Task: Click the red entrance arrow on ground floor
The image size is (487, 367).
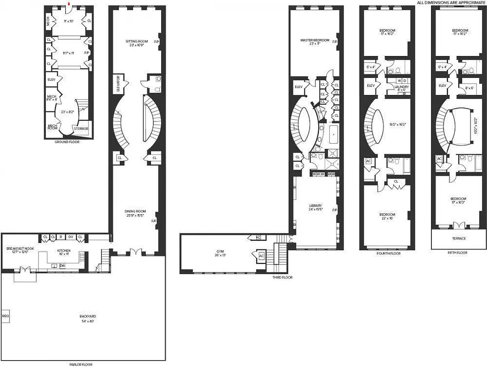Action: tap(68, 5)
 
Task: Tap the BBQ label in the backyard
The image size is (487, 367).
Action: tap(5, 316)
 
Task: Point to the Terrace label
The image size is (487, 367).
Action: tap(459, 239)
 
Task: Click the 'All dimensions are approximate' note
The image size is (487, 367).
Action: tap(451, 2)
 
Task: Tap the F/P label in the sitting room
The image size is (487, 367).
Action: tap(157, 41)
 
